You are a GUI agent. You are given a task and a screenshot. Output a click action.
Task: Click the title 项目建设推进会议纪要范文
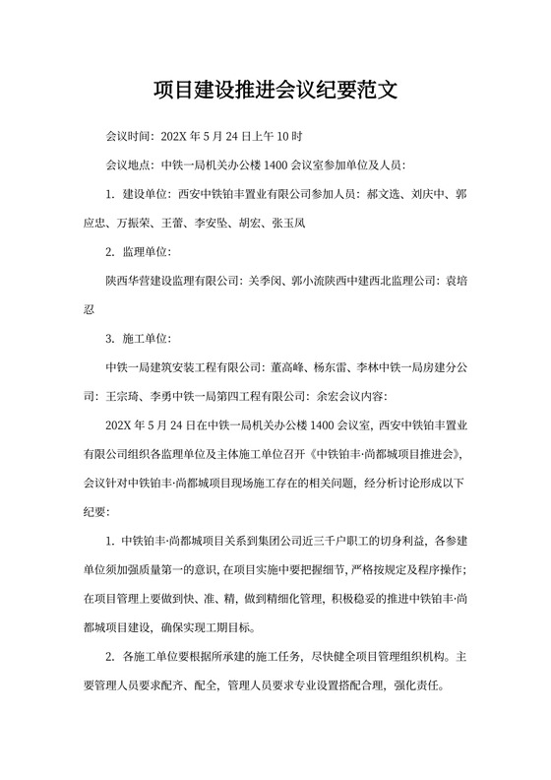coord(275,93)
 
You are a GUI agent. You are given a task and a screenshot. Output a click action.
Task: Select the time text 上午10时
coord(278,136)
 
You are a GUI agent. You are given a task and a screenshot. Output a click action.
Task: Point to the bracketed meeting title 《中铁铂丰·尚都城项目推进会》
coord(385,455)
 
